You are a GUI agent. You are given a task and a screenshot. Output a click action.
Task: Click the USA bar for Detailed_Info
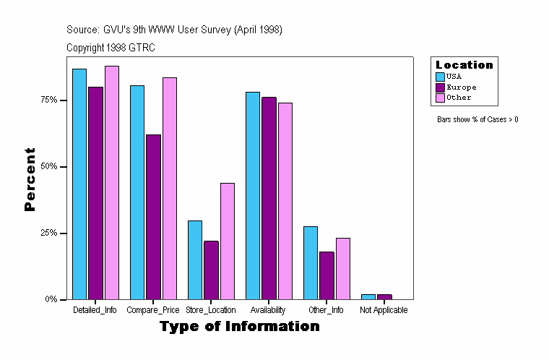[x=79, y=184]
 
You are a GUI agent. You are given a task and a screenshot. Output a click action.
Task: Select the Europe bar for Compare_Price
[x=153, y=217]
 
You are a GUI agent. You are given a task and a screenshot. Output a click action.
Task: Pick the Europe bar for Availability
[x=269, y=198]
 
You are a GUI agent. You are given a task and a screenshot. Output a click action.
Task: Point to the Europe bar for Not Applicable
[x=384, y=296]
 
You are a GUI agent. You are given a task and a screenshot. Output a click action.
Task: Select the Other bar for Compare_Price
[x=170, y=188]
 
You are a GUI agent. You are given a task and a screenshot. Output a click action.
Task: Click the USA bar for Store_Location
[x=195, y=260]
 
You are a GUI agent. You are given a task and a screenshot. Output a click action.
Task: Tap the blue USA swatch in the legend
[x=440, y=76]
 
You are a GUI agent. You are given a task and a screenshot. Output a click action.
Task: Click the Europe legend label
[x=461, y=87]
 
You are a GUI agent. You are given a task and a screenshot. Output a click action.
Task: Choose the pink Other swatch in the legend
[x=440, y=98]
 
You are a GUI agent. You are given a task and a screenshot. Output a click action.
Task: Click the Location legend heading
[x=464, y=65]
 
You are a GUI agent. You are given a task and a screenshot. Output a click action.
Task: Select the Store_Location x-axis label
[x=211, y=310]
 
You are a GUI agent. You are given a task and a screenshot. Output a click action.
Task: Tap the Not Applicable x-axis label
[x=384, y=310]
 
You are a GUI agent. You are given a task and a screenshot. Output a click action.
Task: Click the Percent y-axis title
[x=30, y=179]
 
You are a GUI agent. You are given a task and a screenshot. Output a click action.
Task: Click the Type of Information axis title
[x=239, y=327]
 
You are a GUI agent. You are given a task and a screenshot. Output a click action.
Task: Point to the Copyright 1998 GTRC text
[x=111, y=48]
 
